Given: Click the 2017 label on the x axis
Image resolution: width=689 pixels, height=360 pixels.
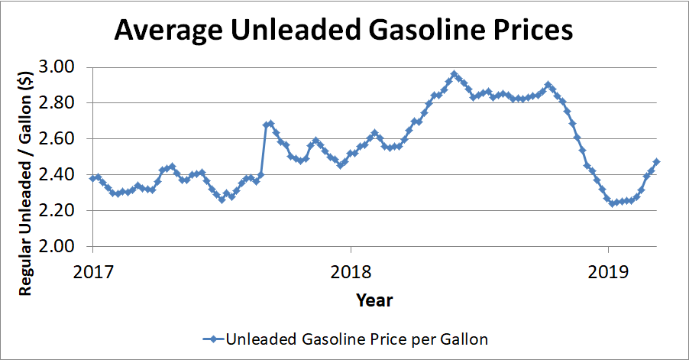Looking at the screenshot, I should [x=93, y=271].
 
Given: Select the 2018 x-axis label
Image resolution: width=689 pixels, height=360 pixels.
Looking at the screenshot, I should [x=350, y=271].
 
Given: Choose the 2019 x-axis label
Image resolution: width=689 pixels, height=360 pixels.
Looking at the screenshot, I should [x=607, y=271].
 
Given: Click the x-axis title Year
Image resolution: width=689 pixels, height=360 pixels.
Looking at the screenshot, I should [x=374, y=300].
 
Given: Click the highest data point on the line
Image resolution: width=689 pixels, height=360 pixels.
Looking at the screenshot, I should [x=454, y=74].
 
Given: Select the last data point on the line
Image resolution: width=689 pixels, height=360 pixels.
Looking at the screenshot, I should [x=657, y=162].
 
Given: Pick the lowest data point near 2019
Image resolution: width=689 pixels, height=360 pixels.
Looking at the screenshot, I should [x=613, y=203].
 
